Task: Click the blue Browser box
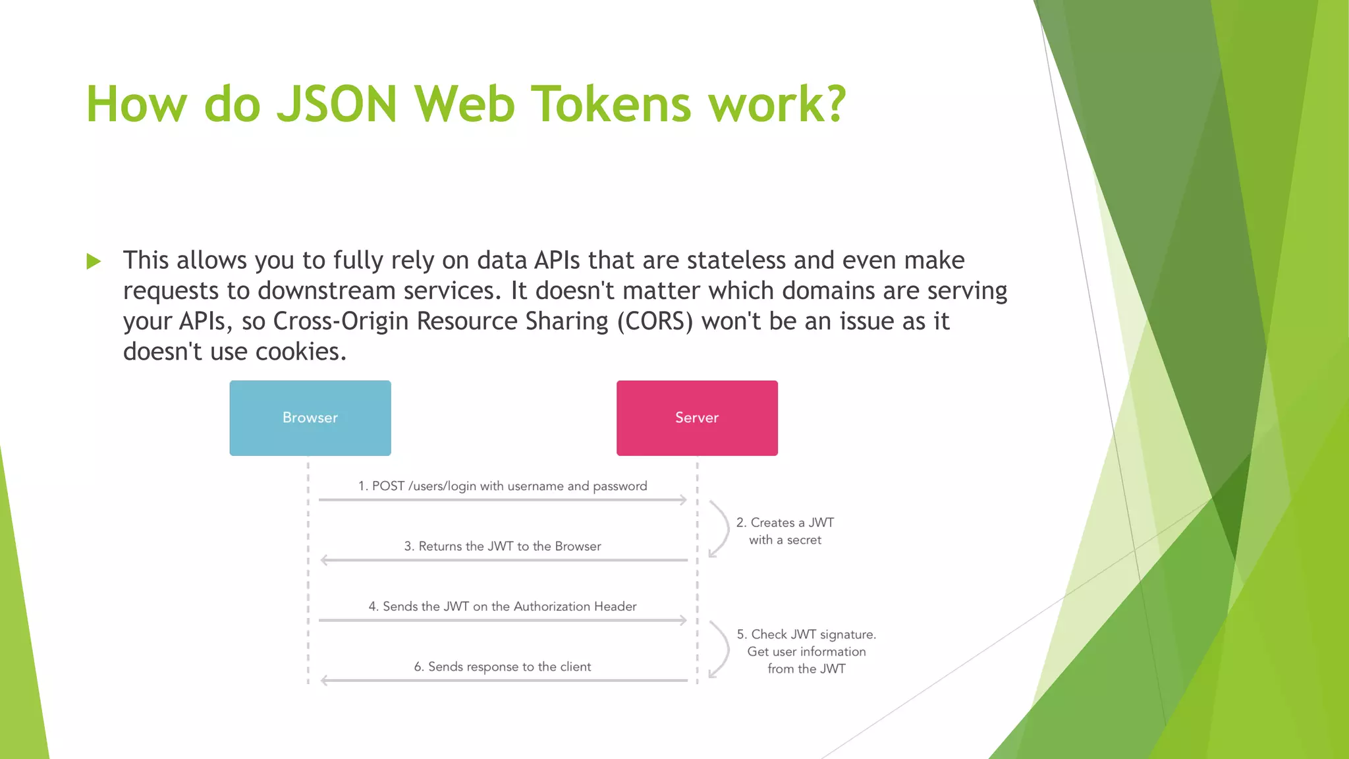(x=310, y=418)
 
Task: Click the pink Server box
(x=697, y=418)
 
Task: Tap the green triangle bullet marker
(x=94, y=262)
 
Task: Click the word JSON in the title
(x=337, y=104)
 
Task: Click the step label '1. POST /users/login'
(x=502, y=486)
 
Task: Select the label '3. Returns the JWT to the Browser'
(x=502, y=546)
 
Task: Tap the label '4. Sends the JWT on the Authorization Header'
(x=502, y=606)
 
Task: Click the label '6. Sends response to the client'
(x=502, y=667)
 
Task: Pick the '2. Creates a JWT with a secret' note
(x=785, y=531)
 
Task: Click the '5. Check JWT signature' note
(x=806, y=651)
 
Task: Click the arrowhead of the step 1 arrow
(x=683, y=500)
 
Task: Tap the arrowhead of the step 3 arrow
(x=324, y=560)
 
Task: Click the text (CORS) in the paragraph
(x=655, y=322)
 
